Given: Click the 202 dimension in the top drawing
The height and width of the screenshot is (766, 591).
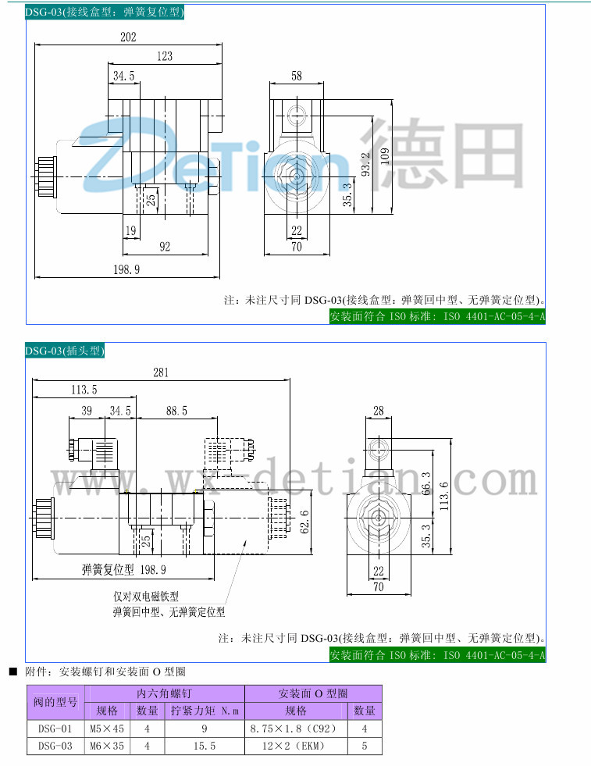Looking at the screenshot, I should [128, 37].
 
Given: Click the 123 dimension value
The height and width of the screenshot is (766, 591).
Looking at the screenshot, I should [164, 55].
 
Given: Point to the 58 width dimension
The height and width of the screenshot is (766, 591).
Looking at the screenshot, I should [297, 76].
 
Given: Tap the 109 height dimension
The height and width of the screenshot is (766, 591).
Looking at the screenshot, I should [384, 155].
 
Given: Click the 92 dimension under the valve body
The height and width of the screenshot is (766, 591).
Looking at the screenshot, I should [165, 247].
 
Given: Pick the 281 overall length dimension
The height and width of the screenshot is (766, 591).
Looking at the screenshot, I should [160, 372].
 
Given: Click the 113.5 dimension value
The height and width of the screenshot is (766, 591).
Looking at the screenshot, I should [84, 390].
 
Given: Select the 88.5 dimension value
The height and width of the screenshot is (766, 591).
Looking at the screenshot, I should [176, 411].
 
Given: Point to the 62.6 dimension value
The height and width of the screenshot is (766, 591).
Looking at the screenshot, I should [304, 522].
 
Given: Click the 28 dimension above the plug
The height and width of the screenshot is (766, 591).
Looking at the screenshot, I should [379, 411].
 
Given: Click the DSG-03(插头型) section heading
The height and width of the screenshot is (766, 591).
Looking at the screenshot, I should [65, 351].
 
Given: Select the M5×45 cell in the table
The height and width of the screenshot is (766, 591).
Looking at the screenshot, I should [107, 729].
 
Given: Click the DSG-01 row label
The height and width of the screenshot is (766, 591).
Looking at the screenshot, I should [55, 729].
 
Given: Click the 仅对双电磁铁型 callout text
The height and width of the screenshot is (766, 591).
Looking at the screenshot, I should [146, 597].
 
